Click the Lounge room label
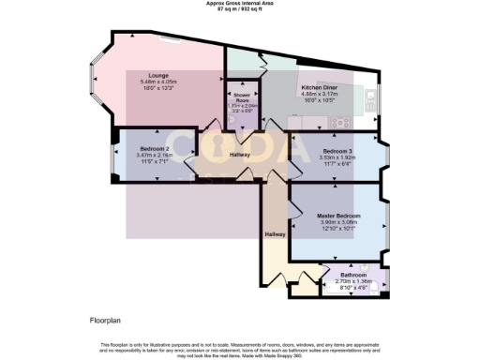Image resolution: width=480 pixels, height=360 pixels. click(x=157, y=75)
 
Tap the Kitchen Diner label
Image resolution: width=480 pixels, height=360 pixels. click(x=322, y=86)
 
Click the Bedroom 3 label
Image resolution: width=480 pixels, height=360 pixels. click(x=337, y=151)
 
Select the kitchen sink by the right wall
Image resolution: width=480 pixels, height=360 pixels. click(x=373, y=97)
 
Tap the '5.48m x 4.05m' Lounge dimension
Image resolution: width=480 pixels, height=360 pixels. click(x=157, y=82)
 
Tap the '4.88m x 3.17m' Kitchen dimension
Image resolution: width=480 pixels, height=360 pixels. click(x=322, y=93)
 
